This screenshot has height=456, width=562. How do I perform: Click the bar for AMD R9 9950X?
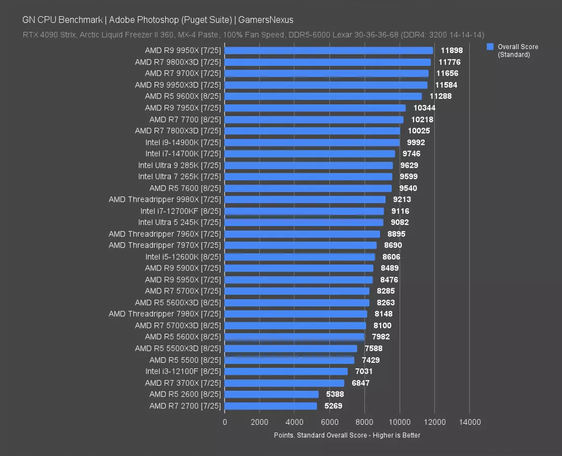point(328,51)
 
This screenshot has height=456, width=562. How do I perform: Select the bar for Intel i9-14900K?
point(312,142)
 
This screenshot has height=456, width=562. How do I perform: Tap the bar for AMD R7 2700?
point(271,406)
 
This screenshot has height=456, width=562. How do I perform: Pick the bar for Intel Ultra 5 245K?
point(304,222)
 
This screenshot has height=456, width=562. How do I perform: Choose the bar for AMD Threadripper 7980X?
point(295,314)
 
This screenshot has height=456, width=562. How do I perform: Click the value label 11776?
point(449,62)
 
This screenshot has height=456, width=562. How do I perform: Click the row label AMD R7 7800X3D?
point(178,131)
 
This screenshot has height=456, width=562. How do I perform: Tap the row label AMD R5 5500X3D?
point(178,349)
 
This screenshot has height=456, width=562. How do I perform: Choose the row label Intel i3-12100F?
point(183,371)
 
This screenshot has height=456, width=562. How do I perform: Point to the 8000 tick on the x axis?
point(364,422)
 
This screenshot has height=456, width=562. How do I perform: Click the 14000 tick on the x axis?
point(469,422)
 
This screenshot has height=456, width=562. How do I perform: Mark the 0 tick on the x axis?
point(225,422)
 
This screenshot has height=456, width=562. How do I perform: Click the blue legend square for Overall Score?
point(490,47)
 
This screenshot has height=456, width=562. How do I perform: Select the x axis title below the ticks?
point(347,435)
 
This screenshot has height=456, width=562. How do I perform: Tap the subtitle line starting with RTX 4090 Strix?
point(253,35)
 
